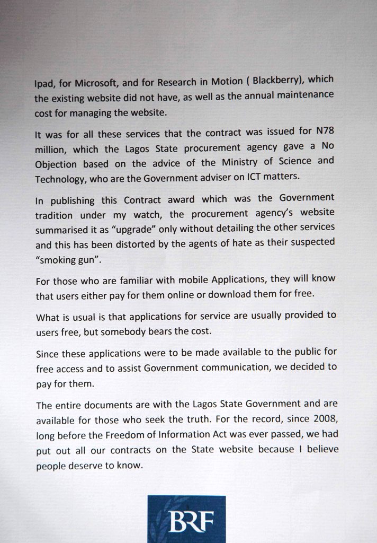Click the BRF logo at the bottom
(x=186, y=519)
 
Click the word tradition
(x=56, y=216)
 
